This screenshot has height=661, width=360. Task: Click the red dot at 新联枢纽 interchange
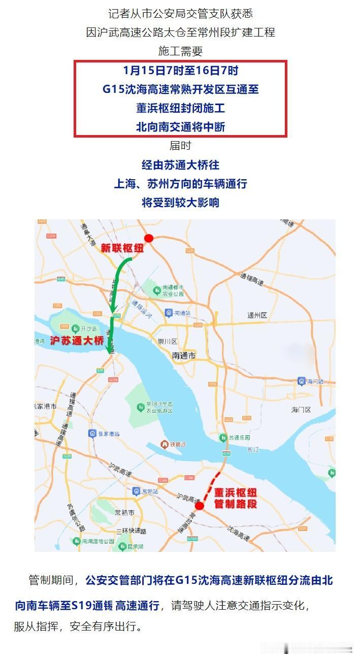point(149,238)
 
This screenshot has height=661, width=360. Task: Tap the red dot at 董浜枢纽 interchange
point(200,506)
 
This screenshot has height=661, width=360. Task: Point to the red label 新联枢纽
point(122,248)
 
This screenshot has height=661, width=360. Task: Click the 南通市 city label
point(184,356)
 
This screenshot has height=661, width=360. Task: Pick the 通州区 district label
point(257,315)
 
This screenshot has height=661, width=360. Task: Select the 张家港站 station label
point(109,434)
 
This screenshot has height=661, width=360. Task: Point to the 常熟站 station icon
point(137,491)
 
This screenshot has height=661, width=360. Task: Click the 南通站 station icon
point(169,313)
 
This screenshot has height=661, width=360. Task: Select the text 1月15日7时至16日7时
point(180,70)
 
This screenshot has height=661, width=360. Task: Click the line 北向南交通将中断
point(180,126)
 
